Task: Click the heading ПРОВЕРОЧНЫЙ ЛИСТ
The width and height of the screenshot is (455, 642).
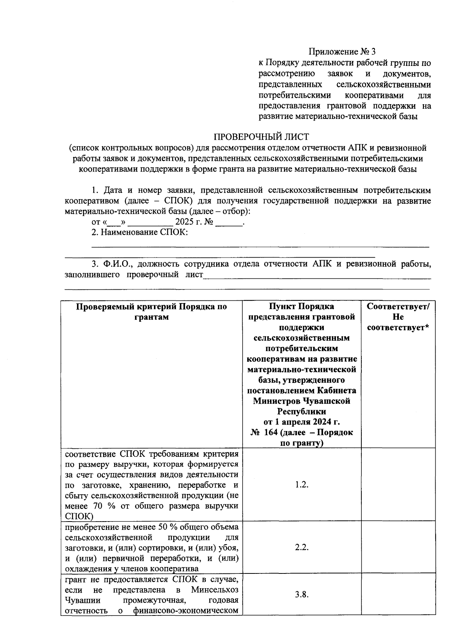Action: coord(261,137)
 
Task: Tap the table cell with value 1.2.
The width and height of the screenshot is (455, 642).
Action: coord(301,485)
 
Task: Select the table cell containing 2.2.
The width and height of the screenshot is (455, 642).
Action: coord(301,547)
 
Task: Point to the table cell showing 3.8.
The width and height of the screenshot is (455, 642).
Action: coord(301,594)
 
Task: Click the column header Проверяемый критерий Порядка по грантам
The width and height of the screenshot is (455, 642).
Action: coord(151,312)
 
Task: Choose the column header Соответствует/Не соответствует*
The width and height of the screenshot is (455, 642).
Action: coord(398,317)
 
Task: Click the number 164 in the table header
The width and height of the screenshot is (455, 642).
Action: coord(271,433)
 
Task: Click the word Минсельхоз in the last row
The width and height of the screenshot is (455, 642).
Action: coord(215,590)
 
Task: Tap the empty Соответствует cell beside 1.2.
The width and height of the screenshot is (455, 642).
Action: coord(398,485)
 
